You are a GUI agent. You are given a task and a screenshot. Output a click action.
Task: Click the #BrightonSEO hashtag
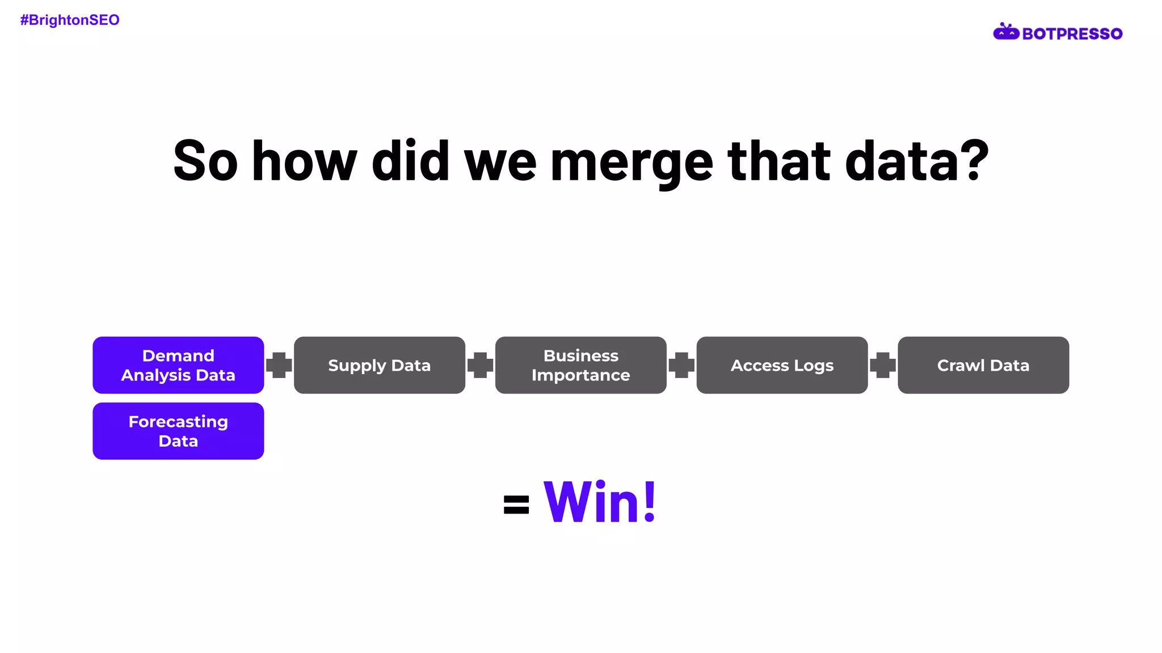pos(70,20)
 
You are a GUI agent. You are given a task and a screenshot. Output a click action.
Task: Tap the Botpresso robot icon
pos(1006,32)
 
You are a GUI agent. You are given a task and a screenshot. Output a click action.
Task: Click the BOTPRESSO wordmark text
pos(1072,34)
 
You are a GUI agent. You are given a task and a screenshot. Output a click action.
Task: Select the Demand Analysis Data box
pos(178,365)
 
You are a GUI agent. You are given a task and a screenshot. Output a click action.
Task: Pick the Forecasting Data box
pos(178,431)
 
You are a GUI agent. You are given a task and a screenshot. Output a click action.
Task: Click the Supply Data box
pos(379,365)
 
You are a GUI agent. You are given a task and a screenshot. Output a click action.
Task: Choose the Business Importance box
pos(580,365)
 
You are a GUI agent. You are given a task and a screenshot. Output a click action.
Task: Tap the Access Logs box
pos(782,365)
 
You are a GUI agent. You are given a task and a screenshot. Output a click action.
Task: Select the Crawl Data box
pos(983,365)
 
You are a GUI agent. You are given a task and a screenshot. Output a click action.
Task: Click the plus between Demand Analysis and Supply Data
pos(279,365)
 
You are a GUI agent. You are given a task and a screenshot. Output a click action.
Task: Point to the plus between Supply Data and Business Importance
pos(480,365)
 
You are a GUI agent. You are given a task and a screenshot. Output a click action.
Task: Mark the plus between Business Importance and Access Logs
pos(681,365)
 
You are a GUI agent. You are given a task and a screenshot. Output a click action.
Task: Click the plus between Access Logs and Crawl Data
pos(883,365)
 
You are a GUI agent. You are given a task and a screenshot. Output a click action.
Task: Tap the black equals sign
pos(516,504)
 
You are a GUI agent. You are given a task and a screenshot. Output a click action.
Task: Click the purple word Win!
pos(600,502)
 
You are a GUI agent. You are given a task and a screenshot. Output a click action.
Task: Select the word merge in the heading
pos(631,163)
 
